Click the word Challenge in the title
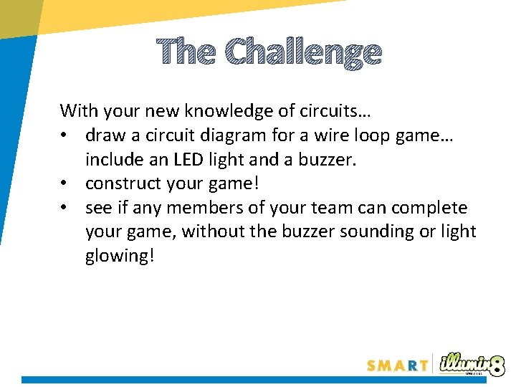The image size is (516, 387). pyautogui.click(x=303, y=53)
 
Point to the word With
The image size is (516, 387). pyautogui.click(x=79, y=111)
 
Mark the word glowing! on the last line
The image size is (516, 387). pyautogui.click(x=119, y=257)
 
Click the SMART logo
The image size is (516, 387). pyautogui.click(x=397, y=365)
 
